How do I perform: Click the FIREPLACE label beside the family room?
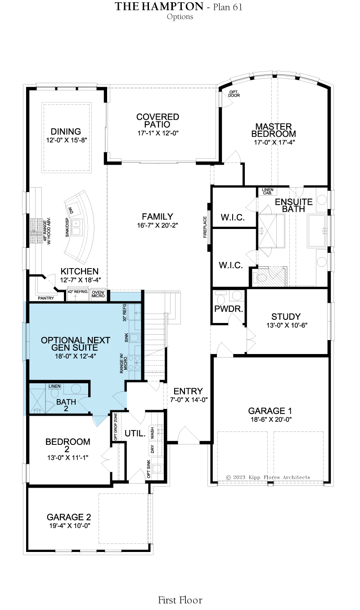pos(205,227)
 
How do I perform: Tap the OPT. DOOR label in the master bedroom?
pos(234,94)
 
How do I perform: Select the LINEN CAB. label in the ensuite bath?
pos(267,191)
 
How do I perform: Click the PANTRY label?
pos(46,298)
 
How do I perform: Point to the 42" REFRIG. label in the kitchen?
pos(78,292)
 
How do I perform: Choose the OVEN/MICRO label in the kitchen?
pos(98,294)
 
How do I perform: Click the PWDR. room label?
pos(229,309)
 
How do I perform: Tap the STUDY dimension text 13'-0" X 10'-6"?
pos(287,325)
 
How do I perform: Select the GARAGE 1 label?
pos(270,411)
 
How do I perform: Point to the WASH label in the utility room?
pos(152,433)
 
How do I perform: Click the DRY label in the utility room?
pos(152,449)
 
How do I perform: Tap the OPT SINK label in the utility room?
pos(148,469)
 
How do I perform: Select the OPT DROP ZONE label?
pos(116,427)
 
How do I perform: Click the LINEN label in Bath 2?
pos(54,386)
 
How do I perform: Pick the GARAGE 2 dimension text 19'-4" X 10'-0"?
pos(70,525)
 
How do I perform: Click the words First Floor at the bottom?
pos(180,600)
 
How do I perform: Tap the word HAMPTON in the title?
pos(172,6)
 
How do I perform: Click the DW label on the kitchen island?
pos(71,210)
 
